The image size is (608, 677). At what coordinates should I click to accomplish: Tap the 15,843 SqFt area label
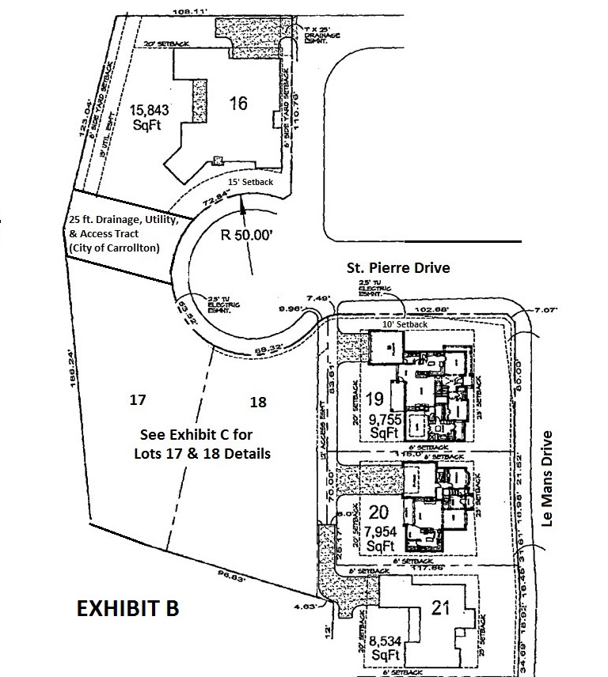150,117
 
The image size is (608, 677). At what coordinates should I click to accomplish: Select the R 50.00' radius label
247,235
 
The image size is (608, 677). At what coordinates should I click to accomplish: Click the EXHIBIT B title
127,609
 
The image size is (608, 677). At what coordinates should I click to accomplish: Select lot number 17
138,401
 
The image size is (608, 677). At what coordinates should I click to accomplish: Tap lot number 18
257,402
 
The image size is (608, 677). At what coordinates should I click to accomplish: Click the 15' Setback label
250,182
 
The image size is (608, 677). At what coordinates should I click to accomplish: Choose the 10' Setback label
405,324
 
